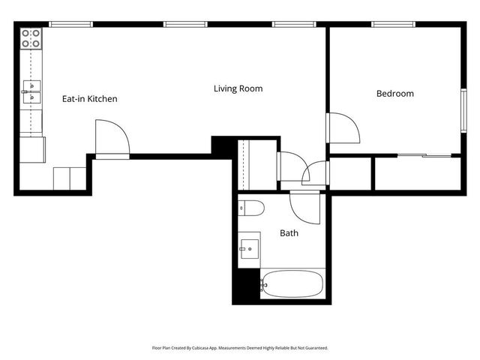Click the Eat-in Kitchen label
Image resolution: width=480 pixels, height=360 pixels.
[x=89, y=99]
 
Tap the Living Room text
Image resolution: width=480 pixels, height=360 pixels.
[x=238, y=88]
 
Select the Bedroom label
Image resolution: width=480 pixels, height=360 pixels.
[x=394, y=94]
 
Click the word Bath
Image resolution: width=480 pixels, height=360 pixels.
[x=289, y=233]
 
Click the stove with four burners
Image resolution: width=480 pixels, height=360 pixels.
[x=31, y=39]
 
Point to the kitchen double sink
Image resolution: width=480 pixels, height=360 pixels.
[x=31, y=91]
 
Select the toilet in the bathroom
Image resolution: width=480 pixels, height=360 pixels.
[x=250, y=208]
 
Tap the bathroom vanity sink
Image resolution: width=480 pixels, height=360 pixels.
[x=249, y=248]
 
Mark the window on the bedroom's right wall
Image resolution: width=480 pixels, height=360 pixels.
[x=463, y=110]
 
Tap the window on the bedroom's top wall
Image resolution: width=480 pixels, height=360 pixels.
[x=394, y=25]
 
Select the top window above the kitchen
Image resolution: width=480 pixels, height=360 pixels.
[x=71, y=25]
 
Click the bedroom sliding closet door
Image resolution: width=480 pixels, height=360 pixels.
[x=424, y=155]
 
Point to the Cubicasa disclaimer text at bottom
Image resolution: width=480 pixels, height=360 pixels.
[x=240, y=348]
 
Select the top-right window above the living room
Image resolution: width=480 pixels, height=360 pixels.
[x=293, y=25]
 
